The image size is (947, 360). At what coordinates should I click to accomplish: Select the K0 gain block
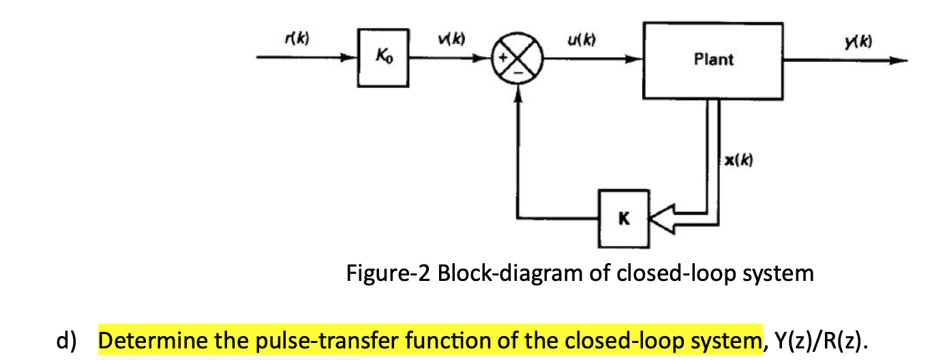382,59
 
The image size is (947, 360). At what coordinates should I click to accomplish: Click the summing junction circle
518,59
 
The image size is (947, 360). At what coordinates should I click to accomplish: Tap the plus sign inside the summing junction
506,59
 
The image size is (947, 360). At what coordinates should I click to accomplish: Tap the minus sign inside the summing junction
518,71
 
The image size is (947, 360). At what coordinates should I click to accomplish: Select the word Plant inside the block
713,59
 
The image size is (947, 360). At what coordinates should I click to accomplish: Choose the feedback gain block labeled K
624,219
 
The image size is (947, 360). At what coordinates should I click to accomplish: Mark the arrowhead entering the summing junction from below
518,98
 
